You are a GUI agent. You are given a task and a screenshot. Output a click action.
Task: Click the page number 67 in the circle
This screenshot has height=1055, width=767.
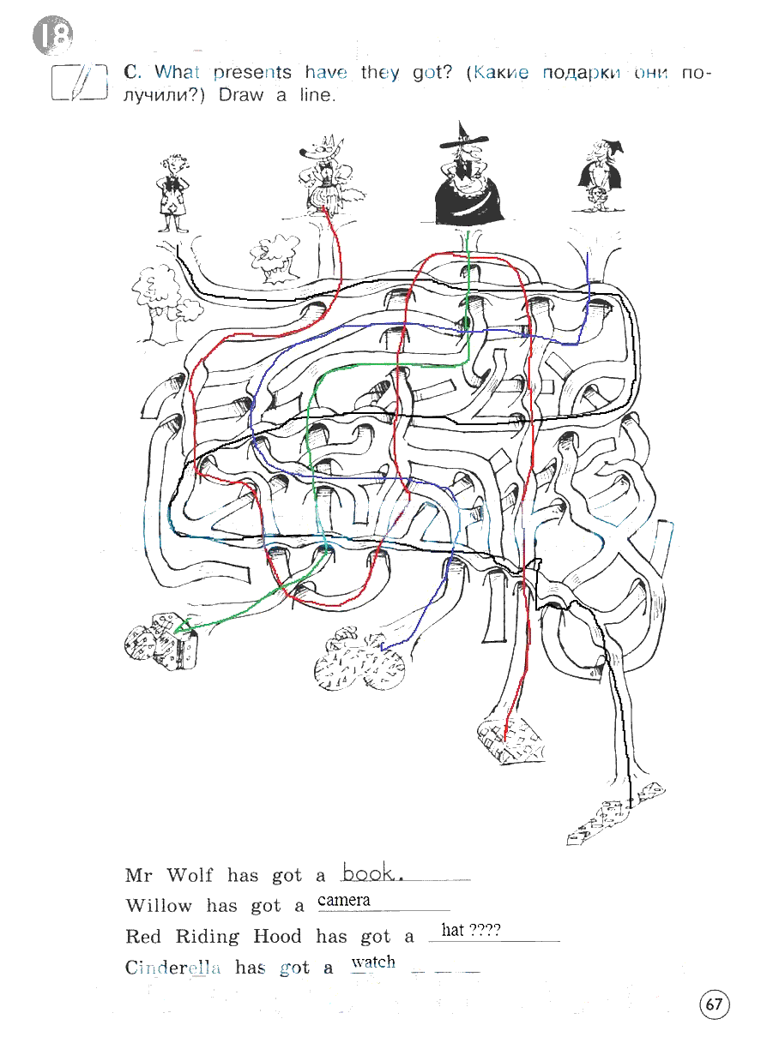pyautogui.click(x=714, y=1004)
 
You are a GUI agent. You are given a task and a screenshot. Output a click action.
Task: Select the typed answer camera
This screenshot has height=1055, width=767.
pyautogui.click(x=344, y=900)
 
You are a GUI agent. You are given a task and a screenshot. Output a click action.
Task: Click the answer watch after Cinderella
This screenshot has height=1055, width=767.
pyautogui.click(x=373, y=962)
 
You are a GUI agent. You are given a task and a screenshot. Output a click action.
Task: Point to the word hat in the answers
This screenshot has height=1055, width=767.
pyautogui.click(x=452, y=930)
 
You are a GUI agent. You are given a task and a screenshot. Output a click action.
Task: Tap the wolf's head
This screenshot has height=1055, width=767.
pyautogui.click(x=321, y=150)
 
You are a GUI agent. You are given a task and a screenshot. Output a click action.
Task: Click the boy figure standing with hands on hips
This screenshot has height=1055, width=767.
pyautogui.click(x=173, y=193)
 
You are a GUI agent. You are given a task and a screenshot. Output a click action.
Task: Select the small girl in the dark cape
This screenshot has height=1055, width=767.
pyautogui.click(x=599, y=175)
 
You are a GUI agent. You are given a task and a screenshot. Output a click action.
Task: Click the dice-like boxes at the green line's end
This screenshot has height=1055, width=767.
pyautogui.click(x=161, y=641)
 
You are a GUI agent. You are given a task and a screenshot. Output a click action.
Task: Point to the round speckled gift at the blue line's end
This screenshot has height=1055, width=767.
pyautogui.click(x=359, y=658)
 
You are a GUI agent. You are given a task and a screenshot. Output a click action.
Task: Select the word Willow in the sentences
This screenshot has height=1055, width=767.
pyautogui.click(x=159, y=906)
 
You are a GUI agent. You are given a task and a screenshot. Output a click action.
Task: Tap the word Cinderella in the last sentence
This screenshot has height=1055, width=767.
pyautogui.click(x=172, y=968)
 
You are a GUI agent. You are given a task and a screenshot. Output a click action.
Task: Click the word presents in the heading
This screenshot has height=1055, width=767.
pyautogui.click(x=252, y=73)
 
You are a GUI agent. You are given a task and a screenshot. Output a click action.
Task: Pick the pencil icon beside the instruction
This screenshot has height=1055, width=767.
pyautogui.click(x=79, y=82)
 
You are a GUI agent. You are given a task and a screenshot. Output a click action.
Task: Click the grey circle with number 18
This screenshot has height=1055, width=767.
pyautogui.click(x=53, y=35)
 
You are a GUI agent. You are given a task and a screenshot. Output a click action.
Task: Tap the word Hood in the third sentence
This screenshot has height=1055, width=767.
pyautogui.click(x=277, y=937)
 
